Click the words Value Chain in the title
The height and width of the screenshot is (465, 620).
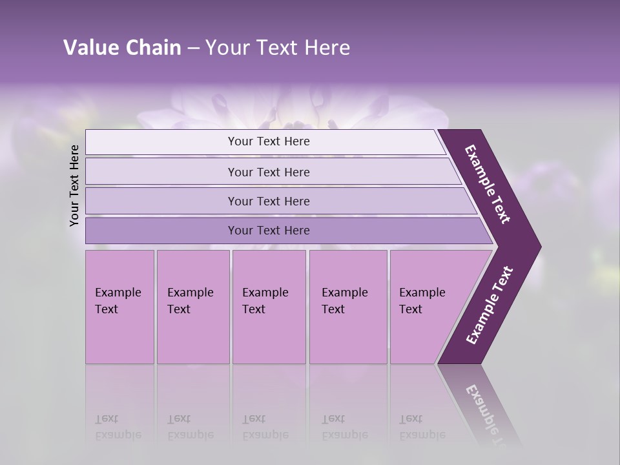coord(122,48)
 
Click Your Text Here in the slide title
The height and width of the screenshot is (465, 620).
coord(278,48)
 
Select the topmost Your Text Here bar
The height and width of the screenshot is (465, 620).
coord(268,141)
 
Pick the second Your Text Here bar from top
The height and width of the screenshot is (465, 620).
coord(268,172)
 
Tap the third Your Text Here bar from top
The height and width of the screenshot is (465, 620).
coord(268,201)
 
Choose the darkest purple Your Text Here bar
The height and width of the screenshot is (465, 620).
coord(268,231)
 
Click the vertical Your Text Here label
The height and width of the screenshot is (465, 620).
coord(74,186)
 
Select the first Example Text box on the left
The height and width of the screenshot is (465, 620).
coord(119,307)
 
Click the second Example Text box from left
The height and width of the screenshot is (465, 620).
coord(192,307)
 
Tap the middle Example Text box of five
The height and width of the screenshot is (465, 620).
coord(268,307)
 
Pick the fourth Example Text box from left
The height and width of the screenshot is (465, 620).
coord(347,307)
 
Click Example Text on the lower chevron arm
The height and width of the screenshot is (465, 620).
coord(490,305)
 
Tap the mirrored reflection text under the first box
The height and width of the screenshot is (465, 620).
coord(118,426)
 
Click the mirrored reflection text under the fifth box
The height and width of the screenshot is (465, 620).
coord(422,426)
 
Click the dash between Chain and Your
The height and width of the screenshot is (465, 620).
coord(193,48)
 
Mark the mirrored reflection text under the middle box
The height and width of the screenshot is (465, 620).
coord(265,426)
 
